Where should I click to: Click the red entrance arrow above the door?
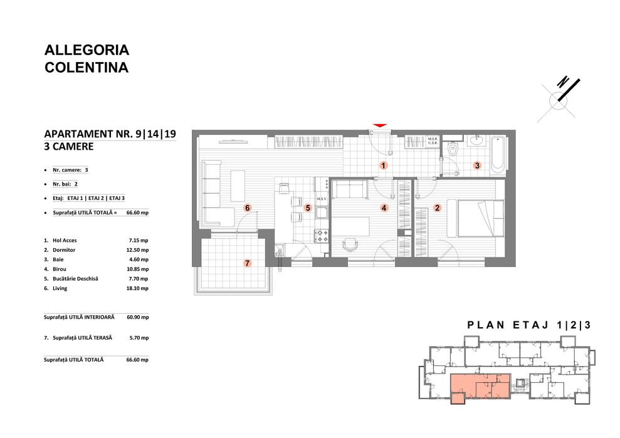coord(380,126)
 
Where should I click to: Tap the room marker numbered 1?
coord(383,165)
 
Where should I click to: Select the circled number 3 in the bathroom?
coord(476,166)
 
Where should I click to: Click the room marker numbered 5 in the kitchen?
coord(308,208)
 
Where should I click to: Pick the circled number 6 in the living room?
coord(248,208)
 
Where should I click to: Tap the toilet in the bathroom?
coord(453,149)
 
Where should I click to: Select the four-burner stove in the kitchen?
coord(322,236)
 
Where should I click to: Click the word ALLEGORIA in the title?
coord(87,50)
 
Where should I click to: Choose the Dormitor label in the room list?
coord(65,250)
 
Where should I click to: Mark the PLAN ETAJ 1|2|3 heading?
coord(529,325)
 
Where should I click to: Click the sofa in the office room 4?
coord(349,189)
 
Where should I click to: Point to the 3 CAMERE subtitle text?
coord(69,147)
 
